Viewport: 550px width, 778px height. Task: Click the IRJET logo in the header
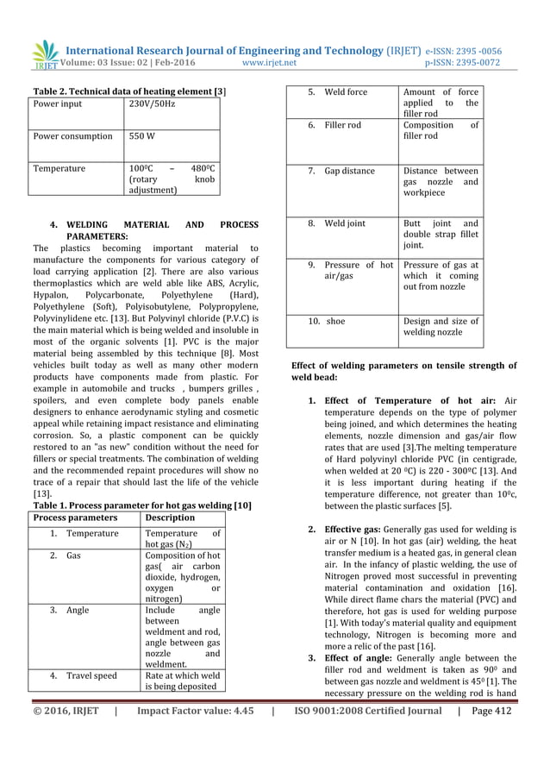tap(43, 54)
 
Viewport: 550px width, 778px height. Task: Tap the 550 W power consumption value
tap(142, 136)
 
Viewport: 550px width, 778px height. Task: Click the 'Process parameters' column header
tap(75, 518)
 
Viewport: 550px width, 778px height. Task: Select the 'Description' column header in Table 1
tap(171, 518)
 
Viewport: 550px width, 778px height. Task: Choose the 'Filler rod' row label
tap(342, 125)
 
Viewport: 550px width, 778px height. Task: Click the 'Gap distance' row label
tap(349, 171)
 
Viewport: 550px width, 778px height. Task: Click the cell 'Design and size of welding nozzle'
tap(441, 327)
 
